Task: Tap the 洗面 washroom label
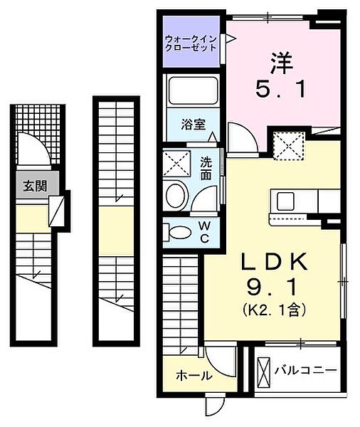[x=206, y=168]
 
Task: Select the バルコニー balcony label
[x=307, y=371]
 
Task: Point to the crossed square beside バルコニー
[x=263, y=371]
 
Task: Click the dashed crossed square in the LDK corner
[x=289, y=147]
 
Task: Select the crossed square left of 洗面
[x=176, y=164]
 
